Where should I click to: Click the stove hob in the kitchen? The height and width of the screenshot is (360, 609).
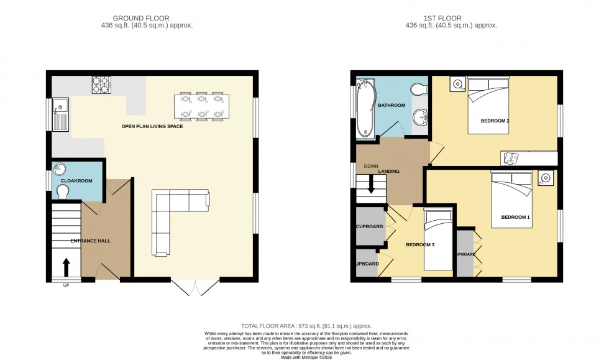(x=101, y=85)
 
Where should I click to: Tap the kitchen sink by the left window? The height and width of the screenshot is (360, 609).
(x=60, y=113)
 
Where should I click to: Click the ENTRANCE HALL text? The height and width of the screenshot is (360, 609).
(x=91, y=241)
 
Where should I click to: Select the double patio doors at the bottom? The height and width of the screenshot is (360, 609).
(x=195, y=287)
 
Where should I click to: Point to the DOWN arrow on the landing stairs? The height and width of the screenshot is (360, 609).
(x=371, y=183)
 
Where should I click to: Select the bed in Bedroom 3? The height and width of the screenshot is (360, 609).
(x=439, y=239)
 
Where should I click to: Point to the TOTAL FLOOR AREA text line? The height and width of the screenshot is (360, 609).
(x=306, y=326)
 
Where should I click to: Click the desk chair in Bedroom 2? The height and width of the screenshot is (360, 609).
(x=510, y=158)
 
